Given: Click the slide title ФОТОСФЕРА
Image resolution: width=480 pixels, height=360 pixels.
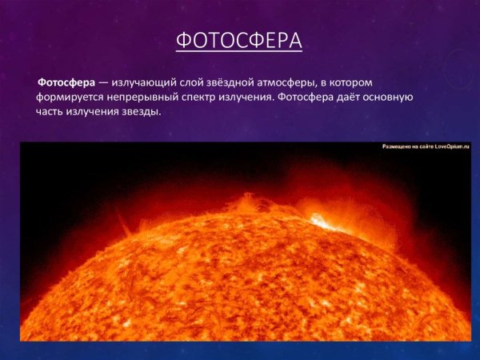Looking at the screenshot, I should (x=238, y=40).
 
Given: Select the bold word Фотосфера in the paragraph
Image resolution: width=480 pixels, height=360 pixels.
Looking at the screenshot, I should (x=66, y=82).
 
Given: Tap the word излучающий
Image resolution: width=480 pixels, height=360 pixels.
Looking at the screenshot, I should (x=144, y=82).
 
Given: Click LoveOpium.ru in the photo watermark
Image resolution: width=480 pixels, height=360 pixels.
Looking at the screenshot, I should (x=445, y=148).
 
